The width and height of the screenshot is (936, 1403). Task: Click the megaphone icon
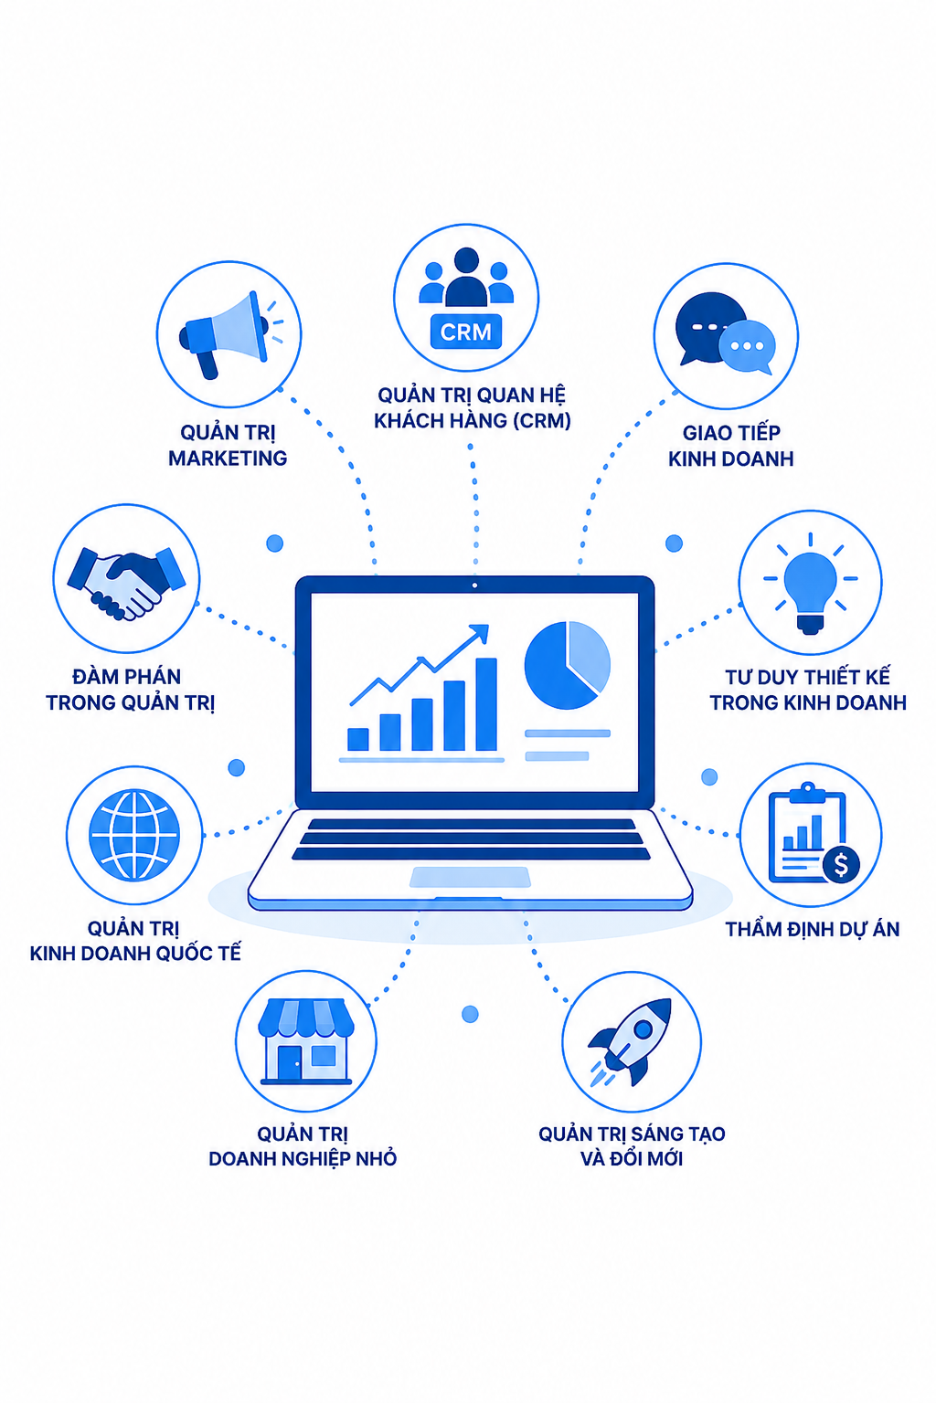(x=229, y=334)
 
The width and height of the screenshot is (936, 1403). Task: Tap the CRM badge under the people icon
(x=466, y=332)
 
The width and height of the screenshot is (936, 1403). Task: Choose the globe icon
(x=134, y=834)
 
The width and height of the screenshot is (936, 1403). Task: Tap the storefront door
(x=290, y=1062)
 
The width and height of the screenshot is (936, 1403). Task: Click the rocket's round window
(x=643, y=1029)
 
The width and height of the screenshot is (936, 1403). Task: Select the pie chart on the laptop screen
(x=567, y=665)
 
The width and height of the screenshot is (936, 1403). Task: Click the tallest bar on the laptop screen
(x=486, y=704)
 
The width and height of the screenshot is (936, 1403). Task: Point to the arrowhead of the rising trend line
(x=480, y=633)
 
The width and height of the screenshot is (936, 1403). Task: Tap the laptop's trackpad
(x=470, y=877)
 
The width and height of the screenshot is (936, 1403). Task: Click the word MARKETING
(x=228, y=459)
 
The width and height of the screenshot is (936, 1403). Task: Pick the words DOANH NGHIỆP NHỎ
(x=303, y=1158)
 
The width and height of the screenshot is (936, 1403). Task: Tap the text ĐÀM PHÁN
(x=127, y=676)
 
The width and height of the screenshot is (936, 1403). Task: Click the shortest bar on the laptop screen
(x=358, y=739)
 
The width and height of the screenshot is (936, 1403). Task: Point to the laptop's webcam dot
(x=474, y=585)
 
